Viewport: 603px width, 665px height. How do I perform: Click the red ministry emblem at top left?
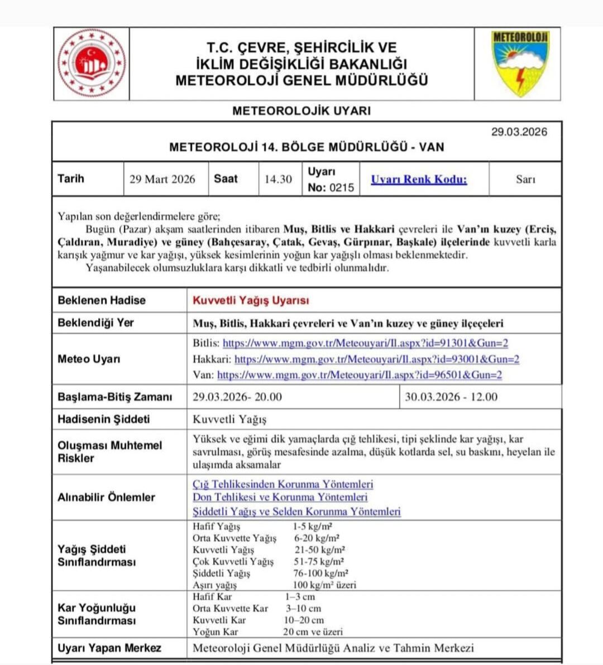pos(92,63)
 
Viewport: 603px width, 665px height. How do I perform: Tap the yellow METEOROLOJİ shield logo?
pos(520,64)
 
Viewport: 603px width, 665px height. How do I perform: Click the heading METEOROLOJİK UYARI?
pos(301,110)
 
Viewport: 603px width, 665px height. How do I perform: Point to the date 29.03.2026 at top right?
pos(519,132)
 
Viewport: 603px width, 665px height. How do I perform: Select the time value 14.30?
pos(278,179)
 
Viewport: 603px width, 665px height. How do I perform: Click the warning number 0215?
pos(342,188)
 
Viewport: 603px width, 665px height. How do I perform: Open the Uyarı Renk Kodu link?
pos(419,179)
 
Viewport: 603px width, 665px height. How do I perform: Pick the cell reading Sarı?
pos(525,179)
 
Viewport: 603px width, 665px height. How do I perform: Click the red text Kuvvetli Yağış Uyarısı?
pos(251,300)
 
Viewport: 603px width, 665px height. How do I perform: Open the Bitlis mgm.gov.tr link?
pos(365,343)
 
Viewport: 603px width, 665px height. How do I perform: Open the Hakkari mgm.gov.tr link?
pos(377,359)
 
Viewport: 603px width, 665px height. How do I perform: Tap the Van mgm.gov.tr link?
pos(360,375)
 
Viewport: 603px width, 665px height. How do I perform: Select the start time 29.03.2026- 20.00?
pos(237,397)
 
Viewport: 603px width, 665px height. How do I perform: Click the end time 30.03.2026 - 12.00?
pos(451,397)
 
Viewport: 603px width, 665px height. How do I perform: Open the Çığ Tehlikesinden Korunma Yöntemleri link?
pos(283,484)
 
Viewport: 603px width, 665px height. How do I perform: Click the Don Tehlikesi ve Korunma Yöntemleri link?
pos(280,497)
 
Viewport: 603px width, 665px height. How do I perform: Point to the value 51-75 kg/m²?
pos(319,561)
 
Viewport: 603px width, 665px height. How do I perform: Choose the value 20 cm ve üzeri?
pos(313,632)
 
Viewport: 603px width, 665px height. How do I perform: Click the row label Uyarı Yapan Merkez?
pos(109,648)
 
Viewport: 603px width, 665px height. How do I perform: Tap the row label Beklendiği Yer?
pos(95,322)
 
